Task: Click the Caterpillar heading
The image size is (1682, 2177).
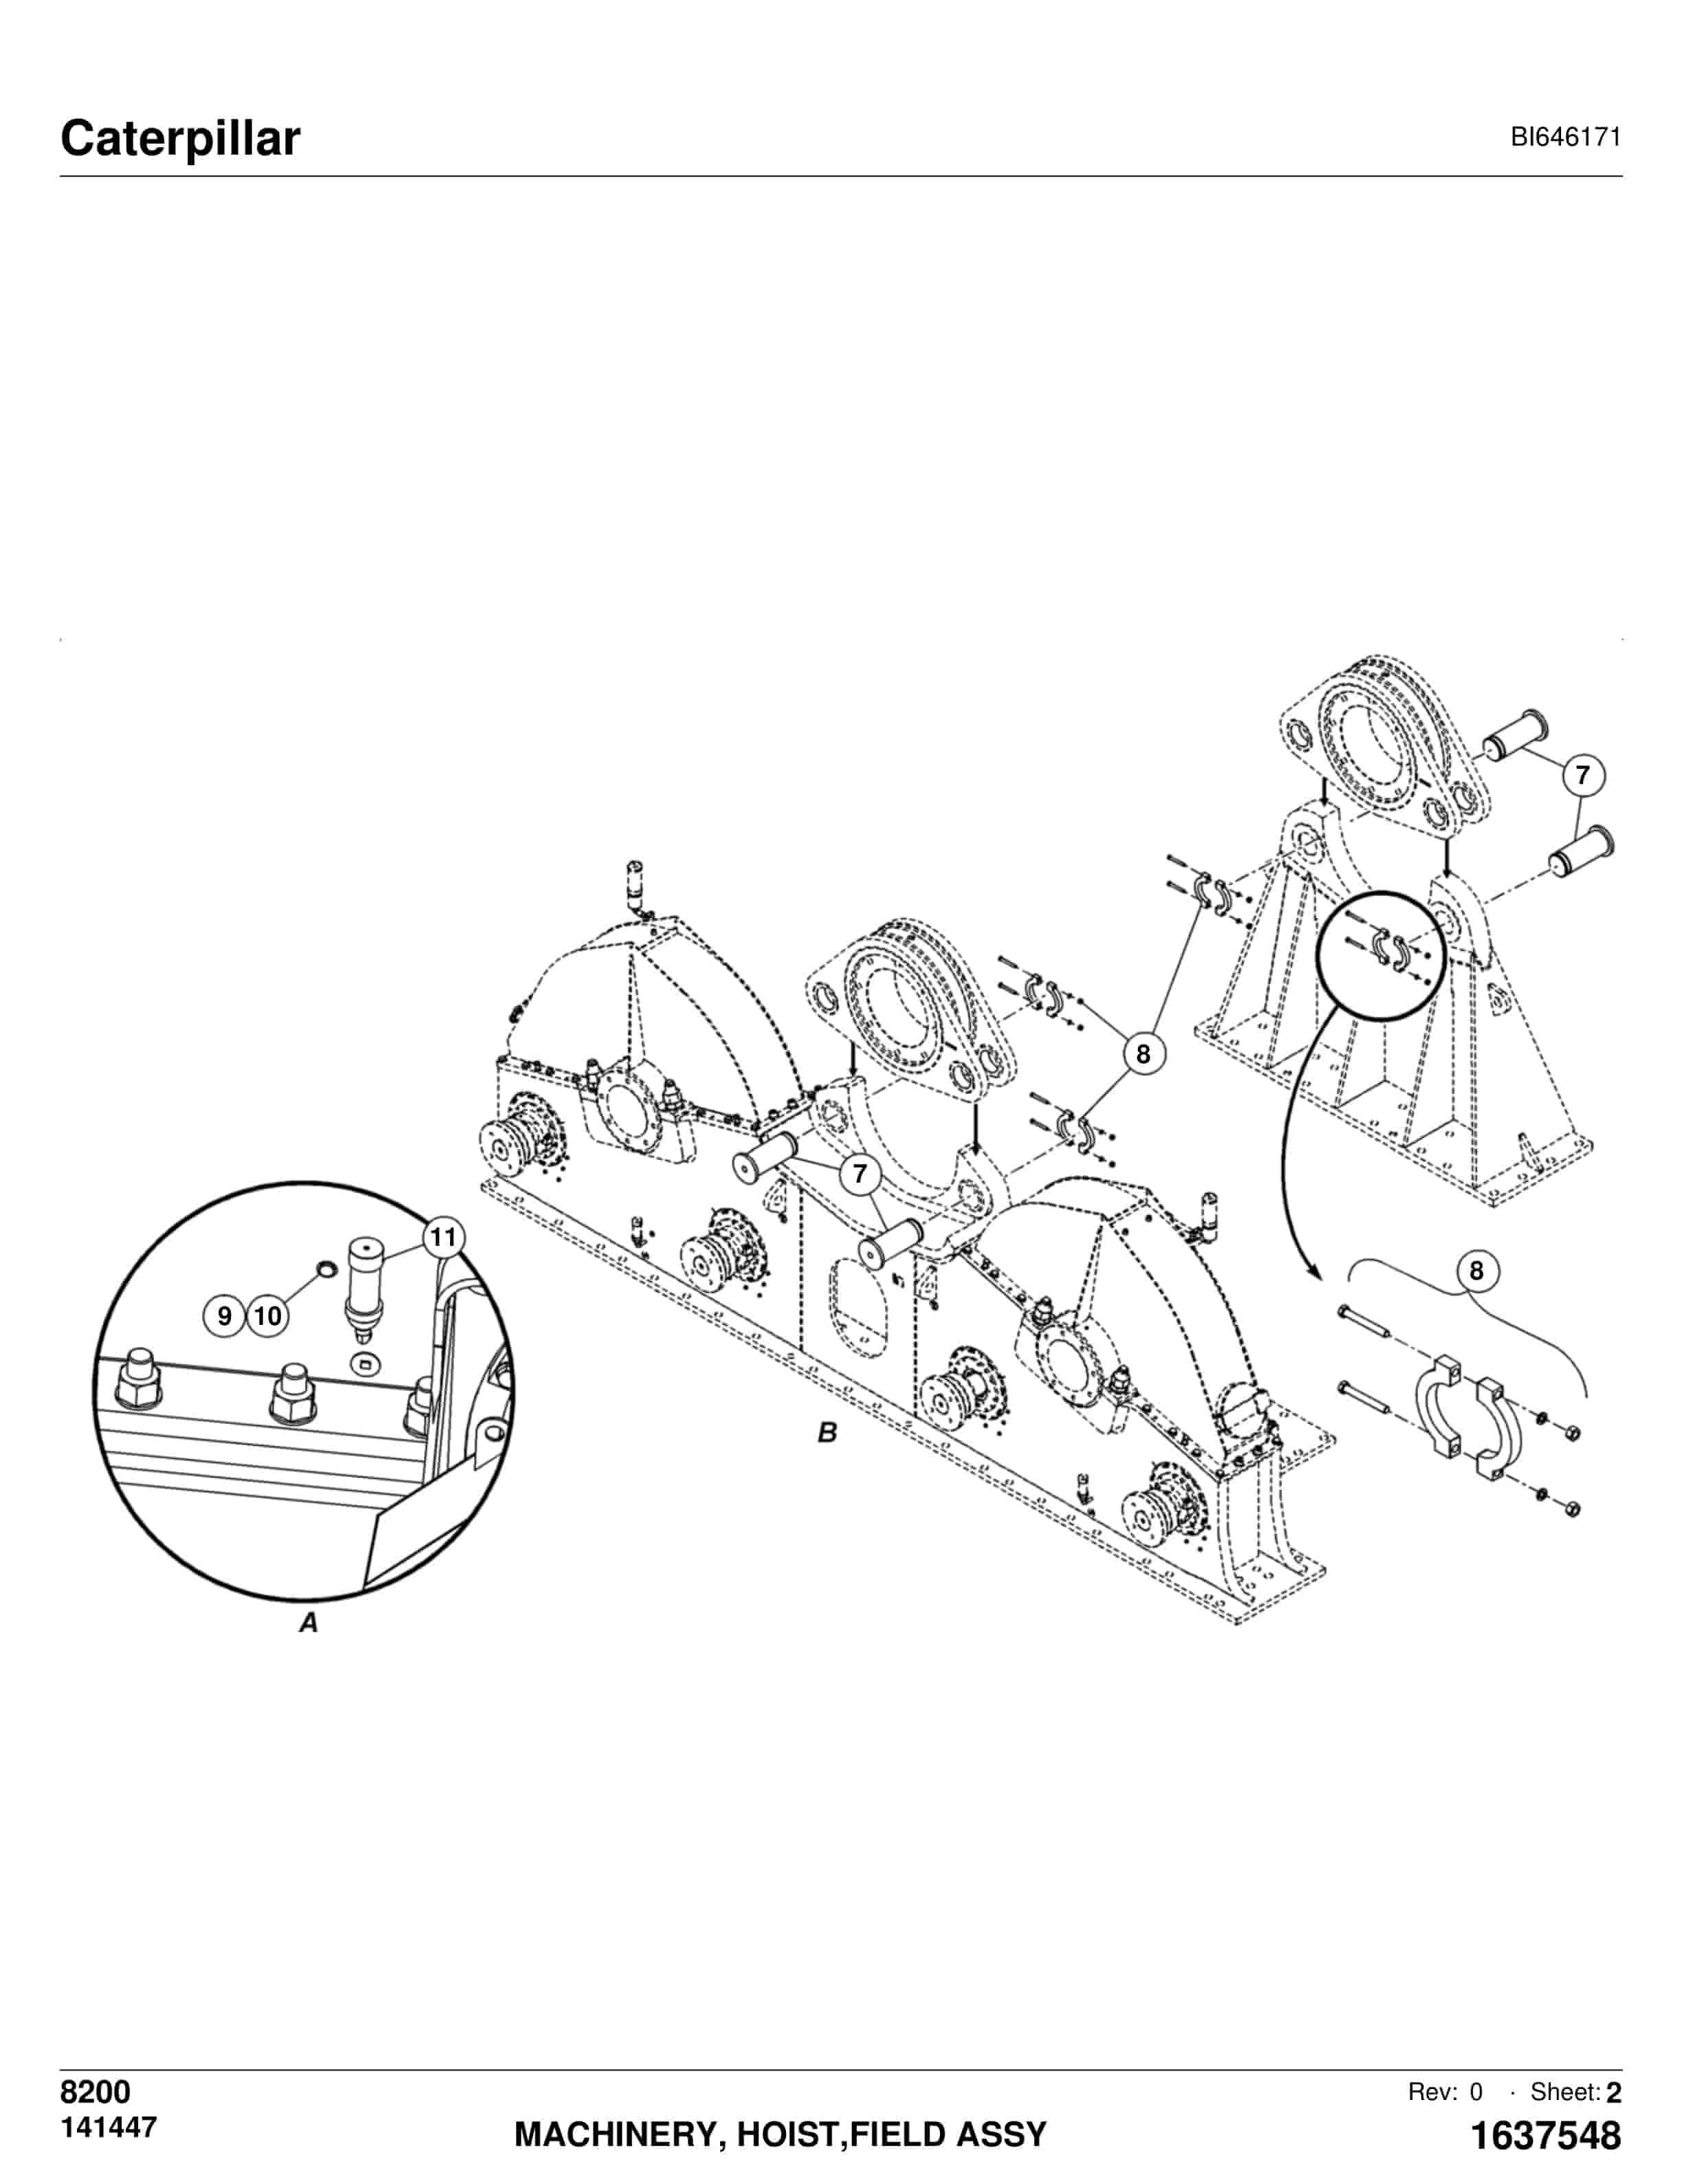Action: (180, 139)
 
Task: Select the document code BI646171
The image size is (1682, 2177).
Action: (1565, 137)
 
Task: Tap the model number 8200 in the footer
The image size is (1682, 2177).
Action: (96, 2091)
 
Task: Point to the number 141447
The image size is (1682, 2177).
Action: (109, 2127)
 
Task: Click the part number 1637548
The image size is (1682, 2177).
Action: (1547, 2135)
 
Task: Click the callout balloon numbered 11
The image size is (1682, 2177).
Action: (443, 1238)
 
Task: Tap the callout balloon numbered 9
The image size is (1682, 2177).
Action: (224, 1316)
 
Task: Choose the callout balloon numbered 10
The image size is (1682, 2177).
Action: (267, 1316)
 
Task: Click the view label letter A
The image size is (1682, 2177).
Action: (309, 1622)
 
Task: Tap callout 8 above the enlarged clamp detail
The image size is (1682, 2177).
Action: (1477, 1271)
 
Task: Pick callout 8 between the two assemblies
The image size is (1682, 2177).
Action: (1143, 1053)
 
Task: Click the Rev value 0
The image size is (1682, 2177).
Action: (1476, 2091)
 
